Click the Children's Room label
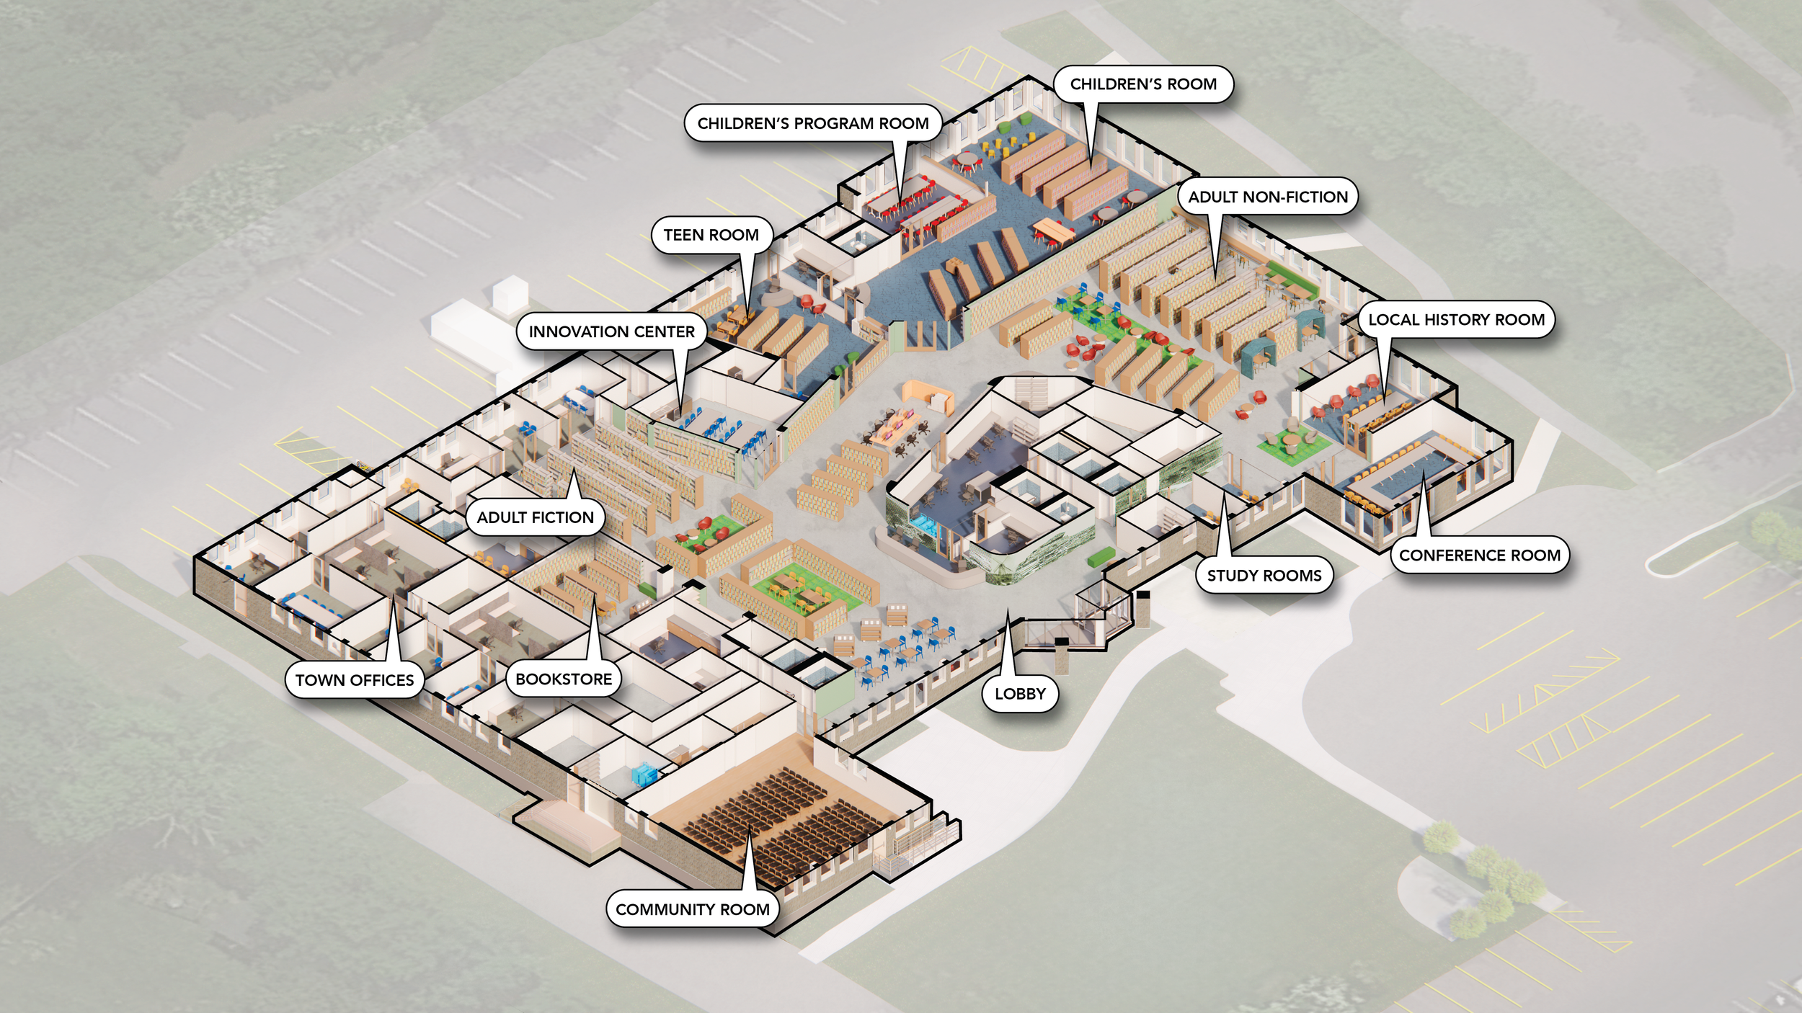point(1143,84)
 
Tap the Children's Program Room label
point(813,123)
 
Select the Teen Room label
point(711,235)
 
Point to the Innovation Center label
point(611,331)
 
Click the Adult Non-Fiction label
point(1268,197)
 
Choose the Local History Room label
point(1456,320)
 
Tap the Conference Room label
point(1480,555)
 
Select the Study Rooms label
point(1264,575)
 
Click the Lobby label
point(1020,693)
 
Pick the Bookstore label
point(564,679)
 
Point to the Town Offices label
point(355,680)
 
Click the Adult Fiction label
point(535,517)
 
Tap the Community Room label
point(692,909)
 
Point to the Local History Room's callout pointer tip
point(1384,401)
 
